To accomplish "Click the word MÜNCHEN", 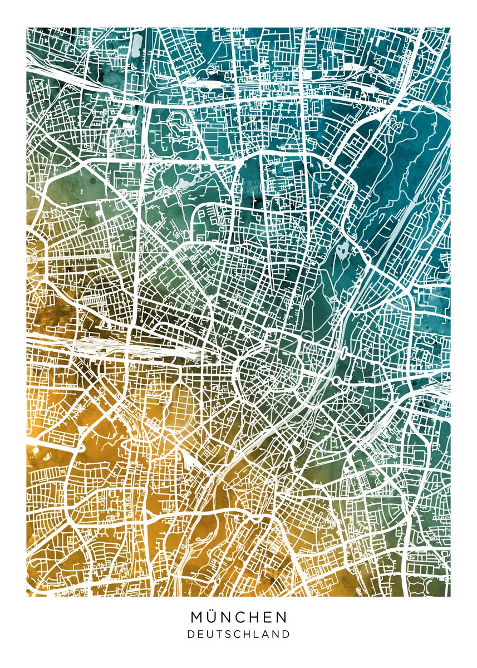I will pos(239,617).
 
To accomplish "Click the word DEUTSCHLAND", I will pos(239,634).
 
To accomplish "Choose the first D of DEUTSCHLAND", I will pos(190,634).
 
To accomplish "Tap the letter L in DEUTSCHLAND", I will pos(258,634).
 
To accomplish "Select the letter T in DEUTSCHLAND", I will pos(219,634).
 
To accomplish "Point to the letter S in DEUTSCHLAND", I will pos(228,634).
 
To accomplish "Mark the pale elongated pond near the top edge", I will pos(137,45).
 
